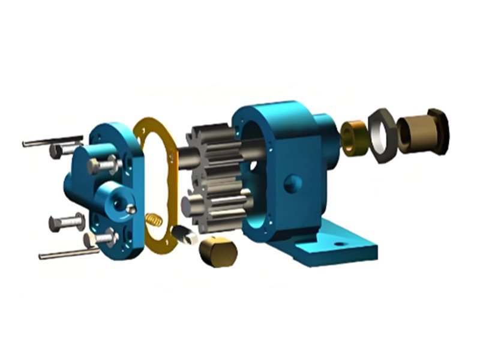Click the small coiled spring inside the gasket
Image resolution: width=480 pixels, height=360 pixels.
154,220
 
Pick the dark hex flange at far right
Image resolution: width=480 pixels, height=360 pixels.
439,130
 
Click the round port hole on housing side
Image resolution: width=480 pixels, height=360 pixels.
292,183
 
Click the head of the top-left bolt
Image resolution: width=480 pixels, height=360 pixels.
56,151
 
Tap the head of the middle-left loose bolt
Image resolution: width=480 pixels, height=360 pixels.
55,224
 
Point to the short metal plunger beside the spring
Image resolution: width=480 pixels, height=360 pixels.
184,235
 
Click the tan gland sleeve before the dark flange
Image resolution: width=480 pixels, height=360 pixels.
413,133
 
